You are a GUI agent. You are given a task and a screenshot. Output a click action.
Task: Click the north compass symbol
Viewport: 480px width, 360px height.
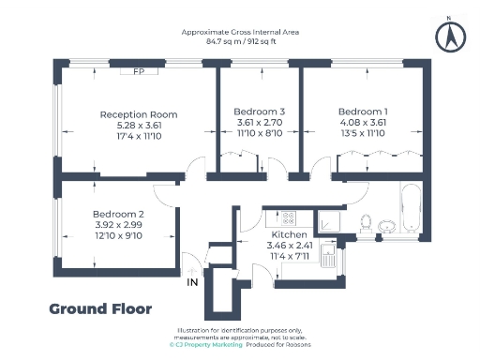(451, 36)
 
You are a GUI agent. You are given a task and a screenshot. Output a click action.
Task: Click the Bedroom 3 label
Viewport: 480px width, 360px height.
(259, 112)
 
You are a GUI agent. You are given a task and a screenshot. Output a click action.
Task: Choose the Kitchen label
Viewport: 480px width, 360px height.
(289, 234)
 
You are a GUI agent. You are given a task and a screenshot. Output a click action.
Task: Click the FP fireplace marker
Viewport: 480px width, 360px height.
(138, 72)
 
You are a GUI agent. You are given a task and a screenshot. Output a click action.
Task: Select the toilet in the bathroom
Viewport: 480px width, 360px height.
(385, 225)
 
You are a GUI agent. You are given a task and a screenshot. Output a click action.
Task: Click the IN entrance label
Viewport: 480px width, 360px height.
(193, 281)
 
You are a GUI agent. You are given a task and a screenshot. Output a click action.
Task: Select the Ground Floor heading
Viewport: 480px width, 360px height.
(99, 308)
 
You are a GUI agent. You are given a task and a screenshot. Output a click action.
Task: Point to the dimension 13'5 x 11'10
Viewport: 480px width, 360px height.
(364, 133)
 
